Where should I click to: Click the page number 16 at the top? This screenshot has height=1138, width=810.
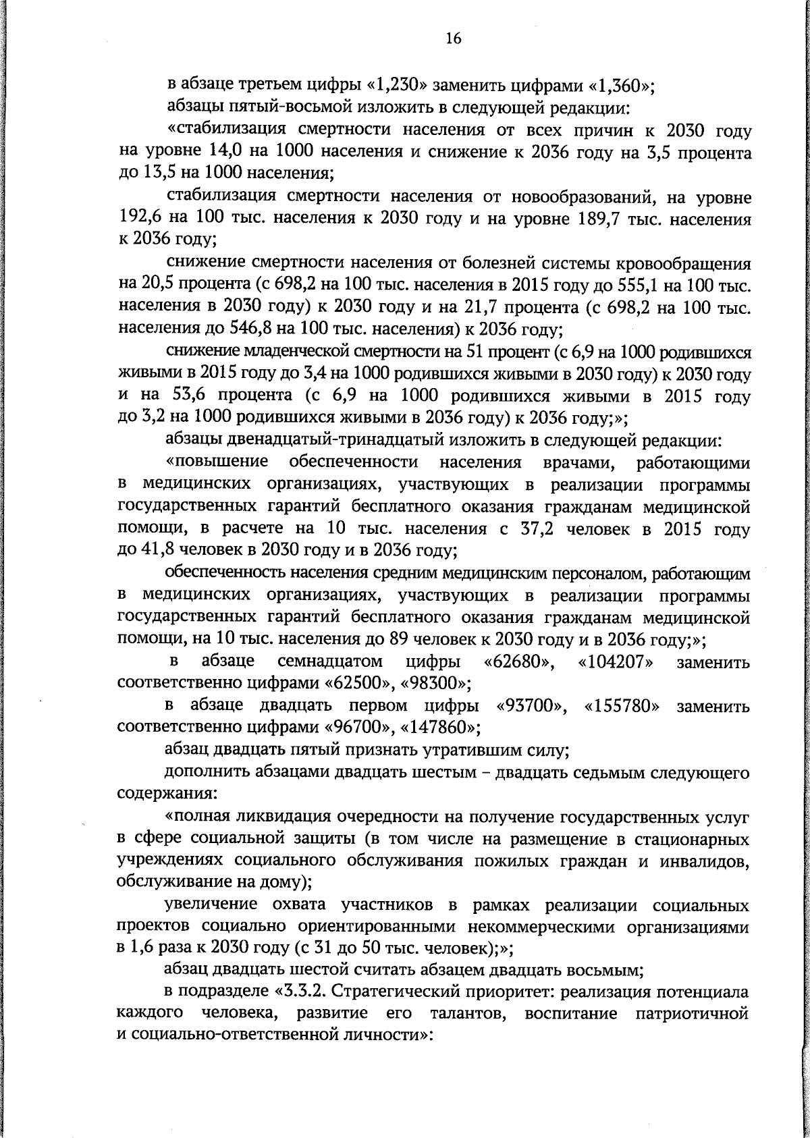tap(453, 40)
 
